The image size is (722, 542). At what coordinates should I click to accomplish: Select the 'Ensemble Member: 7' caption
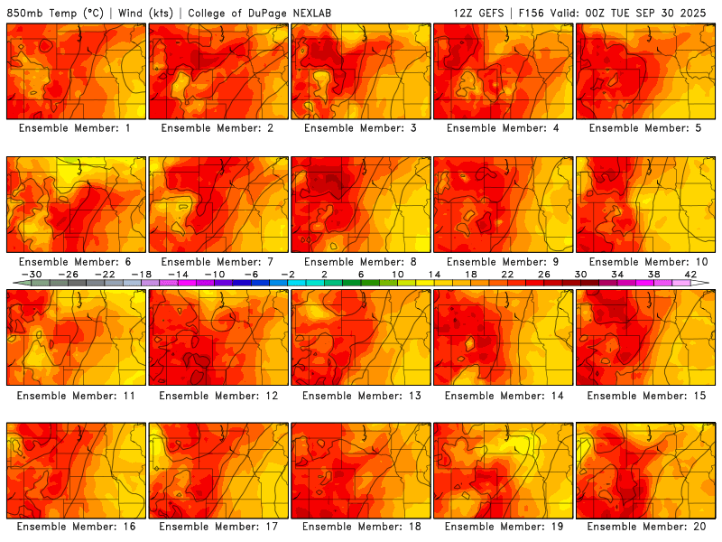218,262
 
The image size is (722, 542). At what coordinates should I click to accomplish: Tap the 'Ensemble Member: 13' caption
360,395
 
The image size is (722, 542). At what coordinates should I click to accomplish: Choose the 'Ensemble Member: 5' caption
646,128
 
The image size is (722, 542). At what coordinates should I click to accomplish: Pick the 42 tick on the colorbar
690,274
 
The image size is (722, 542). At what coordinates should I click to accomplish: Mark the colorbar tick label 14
434,274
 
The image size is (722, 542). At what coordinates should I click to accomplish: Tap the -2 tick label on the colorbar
288,274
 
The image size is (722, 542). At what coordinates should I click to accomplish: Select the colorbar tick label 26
544,274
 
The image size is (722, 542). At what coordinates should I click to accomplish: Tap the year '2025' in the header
700,14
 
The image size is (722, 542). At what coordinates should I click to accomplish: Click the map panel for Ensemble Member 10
646,204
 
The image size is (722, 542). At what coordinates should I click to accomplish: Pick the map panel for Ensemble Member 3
360,71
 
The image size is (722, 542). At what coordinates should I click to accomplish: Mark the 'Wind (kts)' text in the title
146,14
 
